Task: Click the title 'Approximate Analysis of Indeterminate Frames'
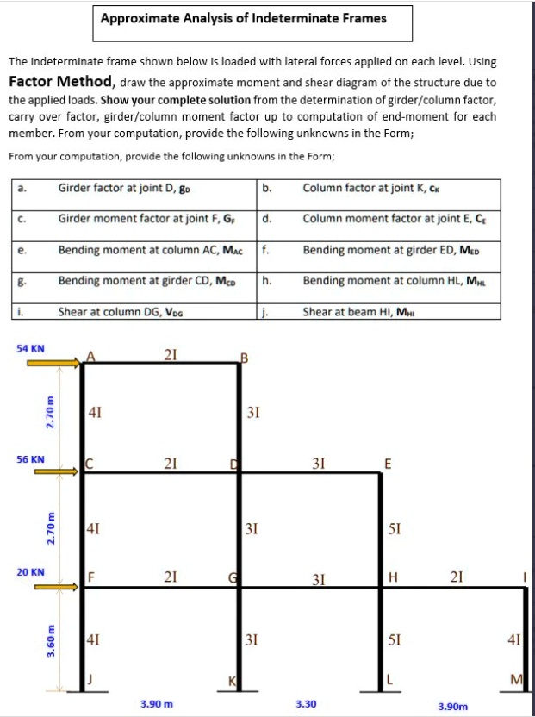pos(243,18)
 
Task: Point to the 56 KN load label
pos(31,459)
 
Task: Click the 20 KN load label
pos(31,571)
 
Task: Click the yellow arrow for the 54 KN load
pos(53,364)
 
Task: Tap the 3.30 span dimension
pos(306,704)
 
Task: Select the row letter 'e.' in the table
pos(21,249)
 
